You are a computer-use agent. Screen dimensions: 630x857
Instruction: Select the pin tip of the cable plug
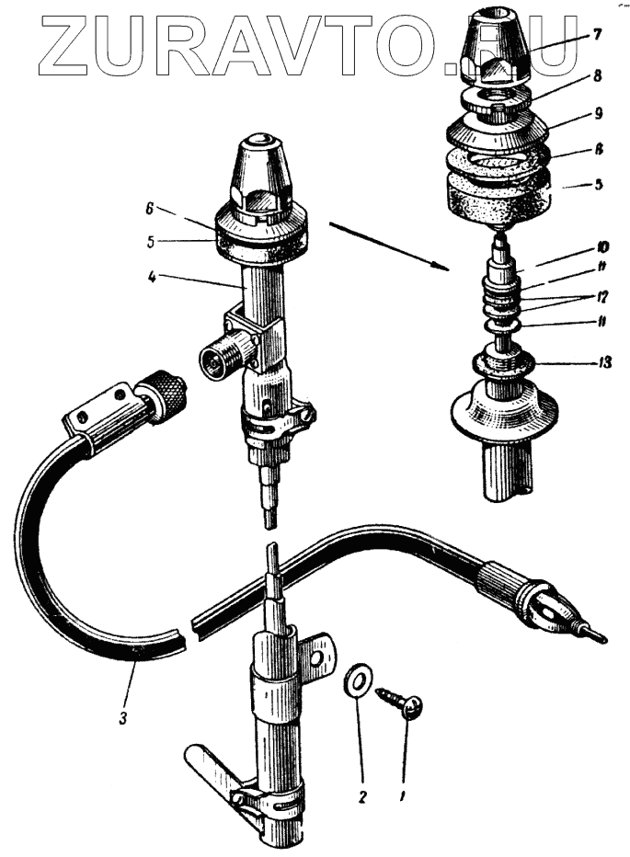point(597,633)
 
